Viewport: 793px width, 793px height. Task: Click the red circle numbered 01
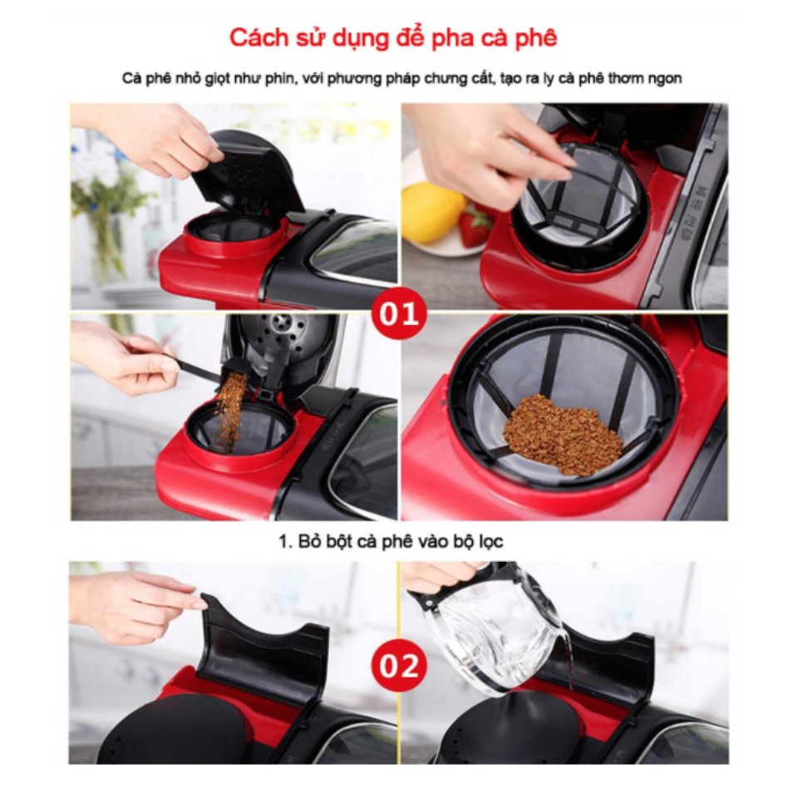coord(399,313)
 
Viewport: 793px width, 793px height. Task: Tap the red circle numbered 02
coord(399,666)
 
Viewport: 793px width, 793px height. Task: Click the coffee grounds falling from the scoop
coord(230,409)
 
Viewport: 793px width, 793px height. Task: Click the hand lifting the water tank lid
coord(135,605)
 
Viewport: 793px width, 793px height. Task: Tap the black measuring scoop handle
coord(188,367)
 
